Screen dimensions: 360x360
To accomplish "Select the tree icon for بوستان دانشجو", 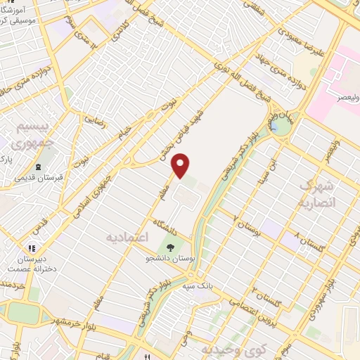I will pos(169,247).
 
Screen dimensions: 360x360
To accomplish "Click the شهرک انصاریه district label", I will pos(318,192).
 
